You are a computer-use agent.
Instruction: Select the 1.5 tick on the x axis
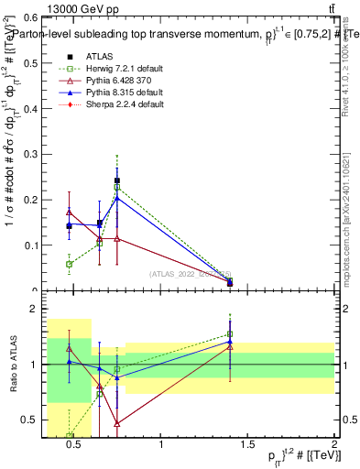click(x=247, y=437)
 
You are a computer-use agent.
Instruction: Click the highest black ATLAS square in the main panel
click(x=117, y=181)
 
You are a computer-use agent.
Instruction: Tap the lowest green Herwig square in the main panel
click(x=70, y=264)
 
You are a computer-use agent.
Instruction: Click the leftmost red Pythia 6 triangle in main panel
click(x=70, y=213)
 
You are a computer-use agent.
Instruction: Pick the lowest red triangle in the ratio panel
click(x=117, y=423)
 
